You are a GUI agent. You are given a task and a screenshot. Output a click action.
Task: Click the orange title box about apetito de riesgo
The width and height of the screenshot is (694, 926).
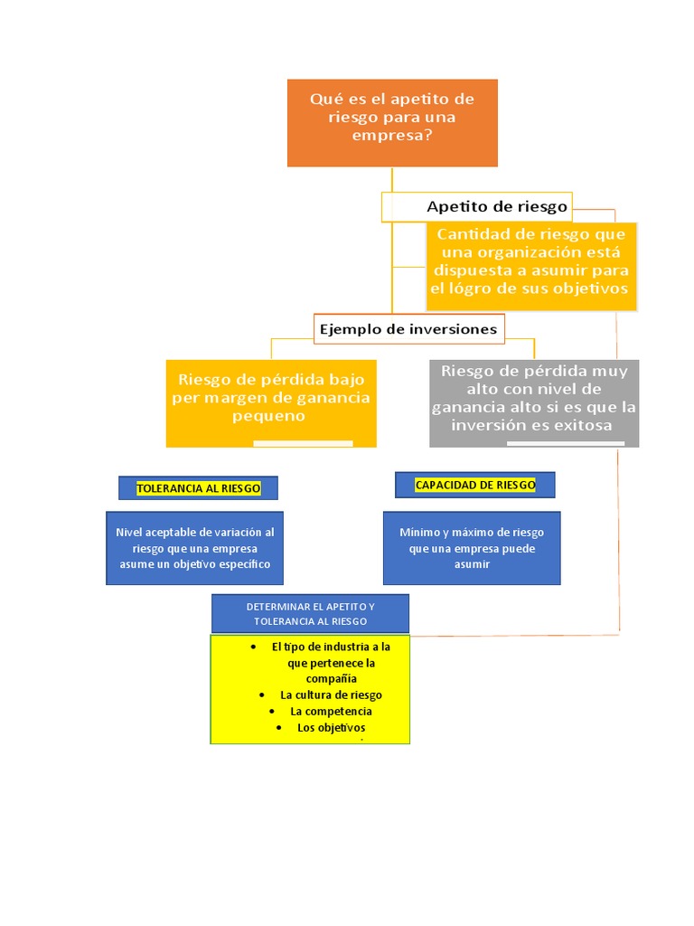tap(392, 122)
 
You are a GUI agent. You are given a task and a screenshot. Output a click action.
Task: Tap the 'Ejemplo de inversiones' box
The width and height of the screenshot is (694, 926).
tap(408, 329)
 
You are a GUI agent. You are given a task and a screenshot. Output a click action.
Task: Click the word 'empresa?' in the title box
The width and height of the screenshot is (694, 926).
tap(392, 137)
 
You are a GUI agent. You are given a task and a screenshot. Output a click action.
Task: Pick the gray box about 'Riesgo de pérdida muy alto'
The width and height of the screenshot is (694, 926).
tap(534, 402)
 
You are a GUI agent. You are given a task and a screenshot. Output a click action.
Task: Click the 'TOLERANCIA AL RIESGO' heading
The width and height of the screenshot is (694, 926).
tap(198, 488)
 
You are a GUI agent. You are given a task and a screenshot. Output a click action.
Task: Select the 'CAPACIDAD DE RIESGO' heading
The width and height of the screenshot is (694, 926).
tap(475, 485)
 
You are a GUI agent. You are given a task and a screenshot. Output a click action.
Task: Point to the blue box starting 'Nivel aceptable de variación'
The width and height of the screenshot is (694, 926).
tap(194, 548)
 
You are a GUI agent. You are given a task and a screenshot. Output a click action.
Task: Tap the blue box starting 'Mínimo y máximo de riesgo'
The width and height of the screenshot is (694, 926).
tap(472, 548)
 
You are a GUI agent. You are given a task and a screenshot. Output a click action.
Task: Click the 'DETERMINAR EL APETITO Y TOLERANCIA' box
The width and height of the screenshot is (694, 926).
tap(310, 614)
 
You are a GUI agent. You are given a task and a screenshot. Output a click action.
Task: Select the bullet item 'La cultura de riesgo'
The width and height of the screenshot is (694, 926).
tap(331, 695)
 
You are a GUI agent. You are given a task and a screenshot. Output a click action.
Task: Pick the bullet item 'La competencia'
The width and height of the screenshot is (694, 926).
tap(331, 712)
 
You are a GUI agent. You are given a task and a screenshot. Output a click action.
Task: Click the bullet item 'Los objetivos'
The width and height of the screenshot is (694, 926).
tap(331, 728)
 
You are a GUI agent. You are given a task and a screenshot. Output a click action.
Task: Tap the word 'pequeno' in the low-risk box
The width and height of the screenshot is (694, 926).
tap(268, 417)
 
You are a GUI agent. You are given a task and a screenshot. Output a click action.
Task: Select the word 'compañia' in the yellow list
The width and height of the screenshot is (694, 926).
tap(331, 678)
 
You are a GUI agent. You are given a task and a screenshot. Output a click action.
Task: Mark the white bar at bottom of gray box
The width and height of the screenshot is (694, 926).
tap(565, 443)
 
